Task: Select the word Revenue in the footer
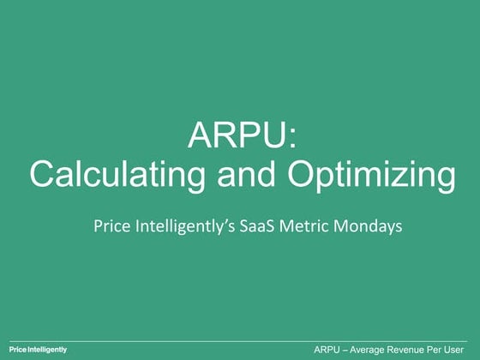pos(419,350)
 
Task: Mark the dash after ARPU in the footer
pos(350,350)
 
